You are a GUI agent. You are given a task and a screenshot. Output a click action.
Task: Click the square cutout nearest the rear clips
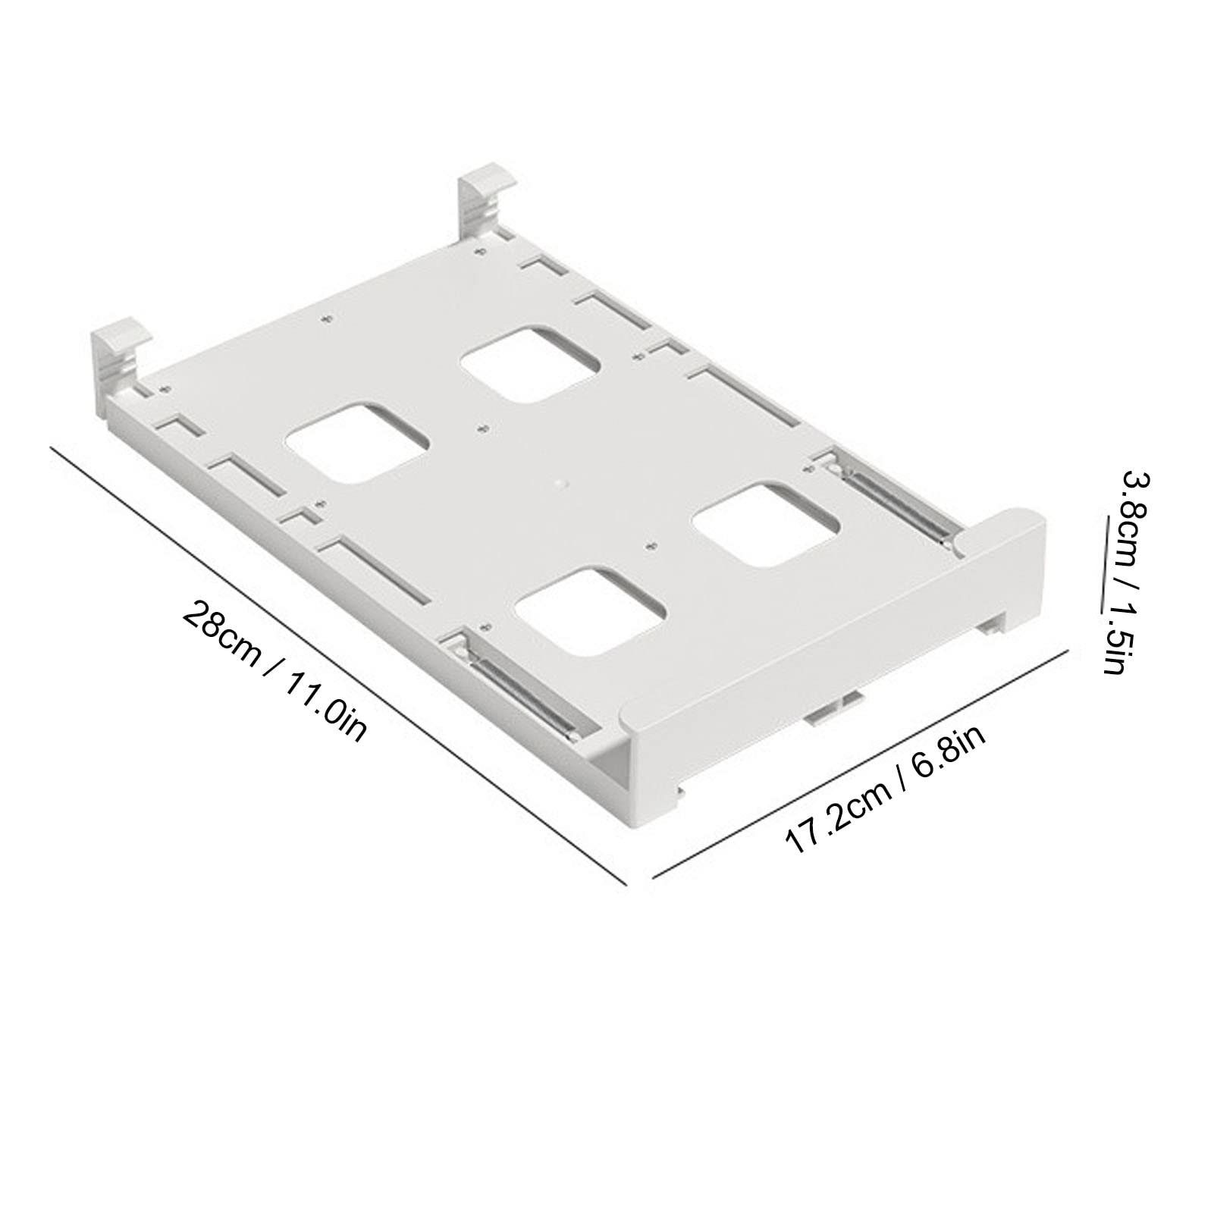(x=531, y=363)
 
